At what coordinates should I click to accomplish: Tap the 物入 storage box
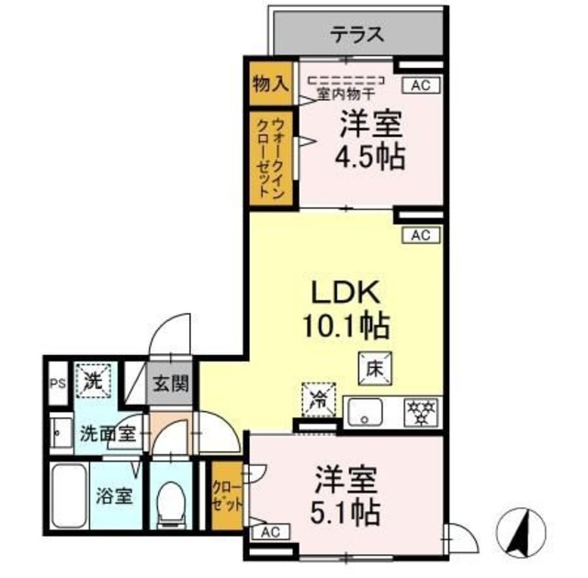269,83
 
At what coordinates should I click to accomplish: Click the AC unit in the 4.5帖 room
420,85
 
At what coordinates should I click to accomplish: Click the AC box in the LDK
420,235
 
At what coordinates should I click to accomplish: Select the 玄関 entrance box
171,383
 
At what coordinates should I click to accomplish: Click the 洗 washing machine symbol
92,379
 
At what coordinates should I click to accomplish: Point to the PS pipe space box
56,383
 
